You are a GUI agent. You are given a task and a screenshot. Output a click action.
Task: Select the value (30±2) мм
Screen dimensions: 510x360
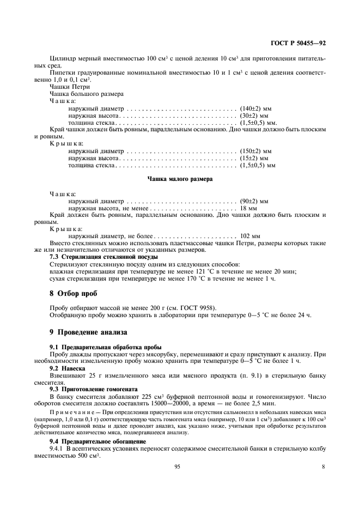click(x=254, y=116)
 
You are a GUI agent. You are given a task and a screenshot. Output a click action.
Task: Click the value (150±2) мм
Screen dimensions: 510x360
click(x=255, y=150)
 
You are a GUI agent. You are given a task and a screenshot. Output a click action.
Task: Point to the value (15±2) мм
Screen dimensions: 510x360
click(x=254, y=157)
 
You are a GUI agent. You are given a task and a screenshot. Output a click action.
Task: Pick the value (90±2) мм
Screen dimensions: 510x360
click(x=254, y=201)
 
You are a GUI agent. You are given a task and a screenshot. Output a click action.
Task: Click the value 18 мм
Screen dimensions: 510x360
click(x=248, y=208)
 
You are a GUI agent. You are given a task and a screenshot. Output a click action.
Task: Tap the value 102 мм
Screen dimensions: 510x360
click(x=250, y=236)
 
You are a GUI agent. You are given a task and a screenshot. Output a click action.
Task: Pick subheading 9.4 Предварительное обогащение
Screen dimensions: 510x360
click(x=98, y=440)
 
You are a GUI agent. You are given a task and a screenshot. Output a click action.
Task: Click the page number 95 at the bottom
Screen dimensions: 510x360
click(x=178, y=466)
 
